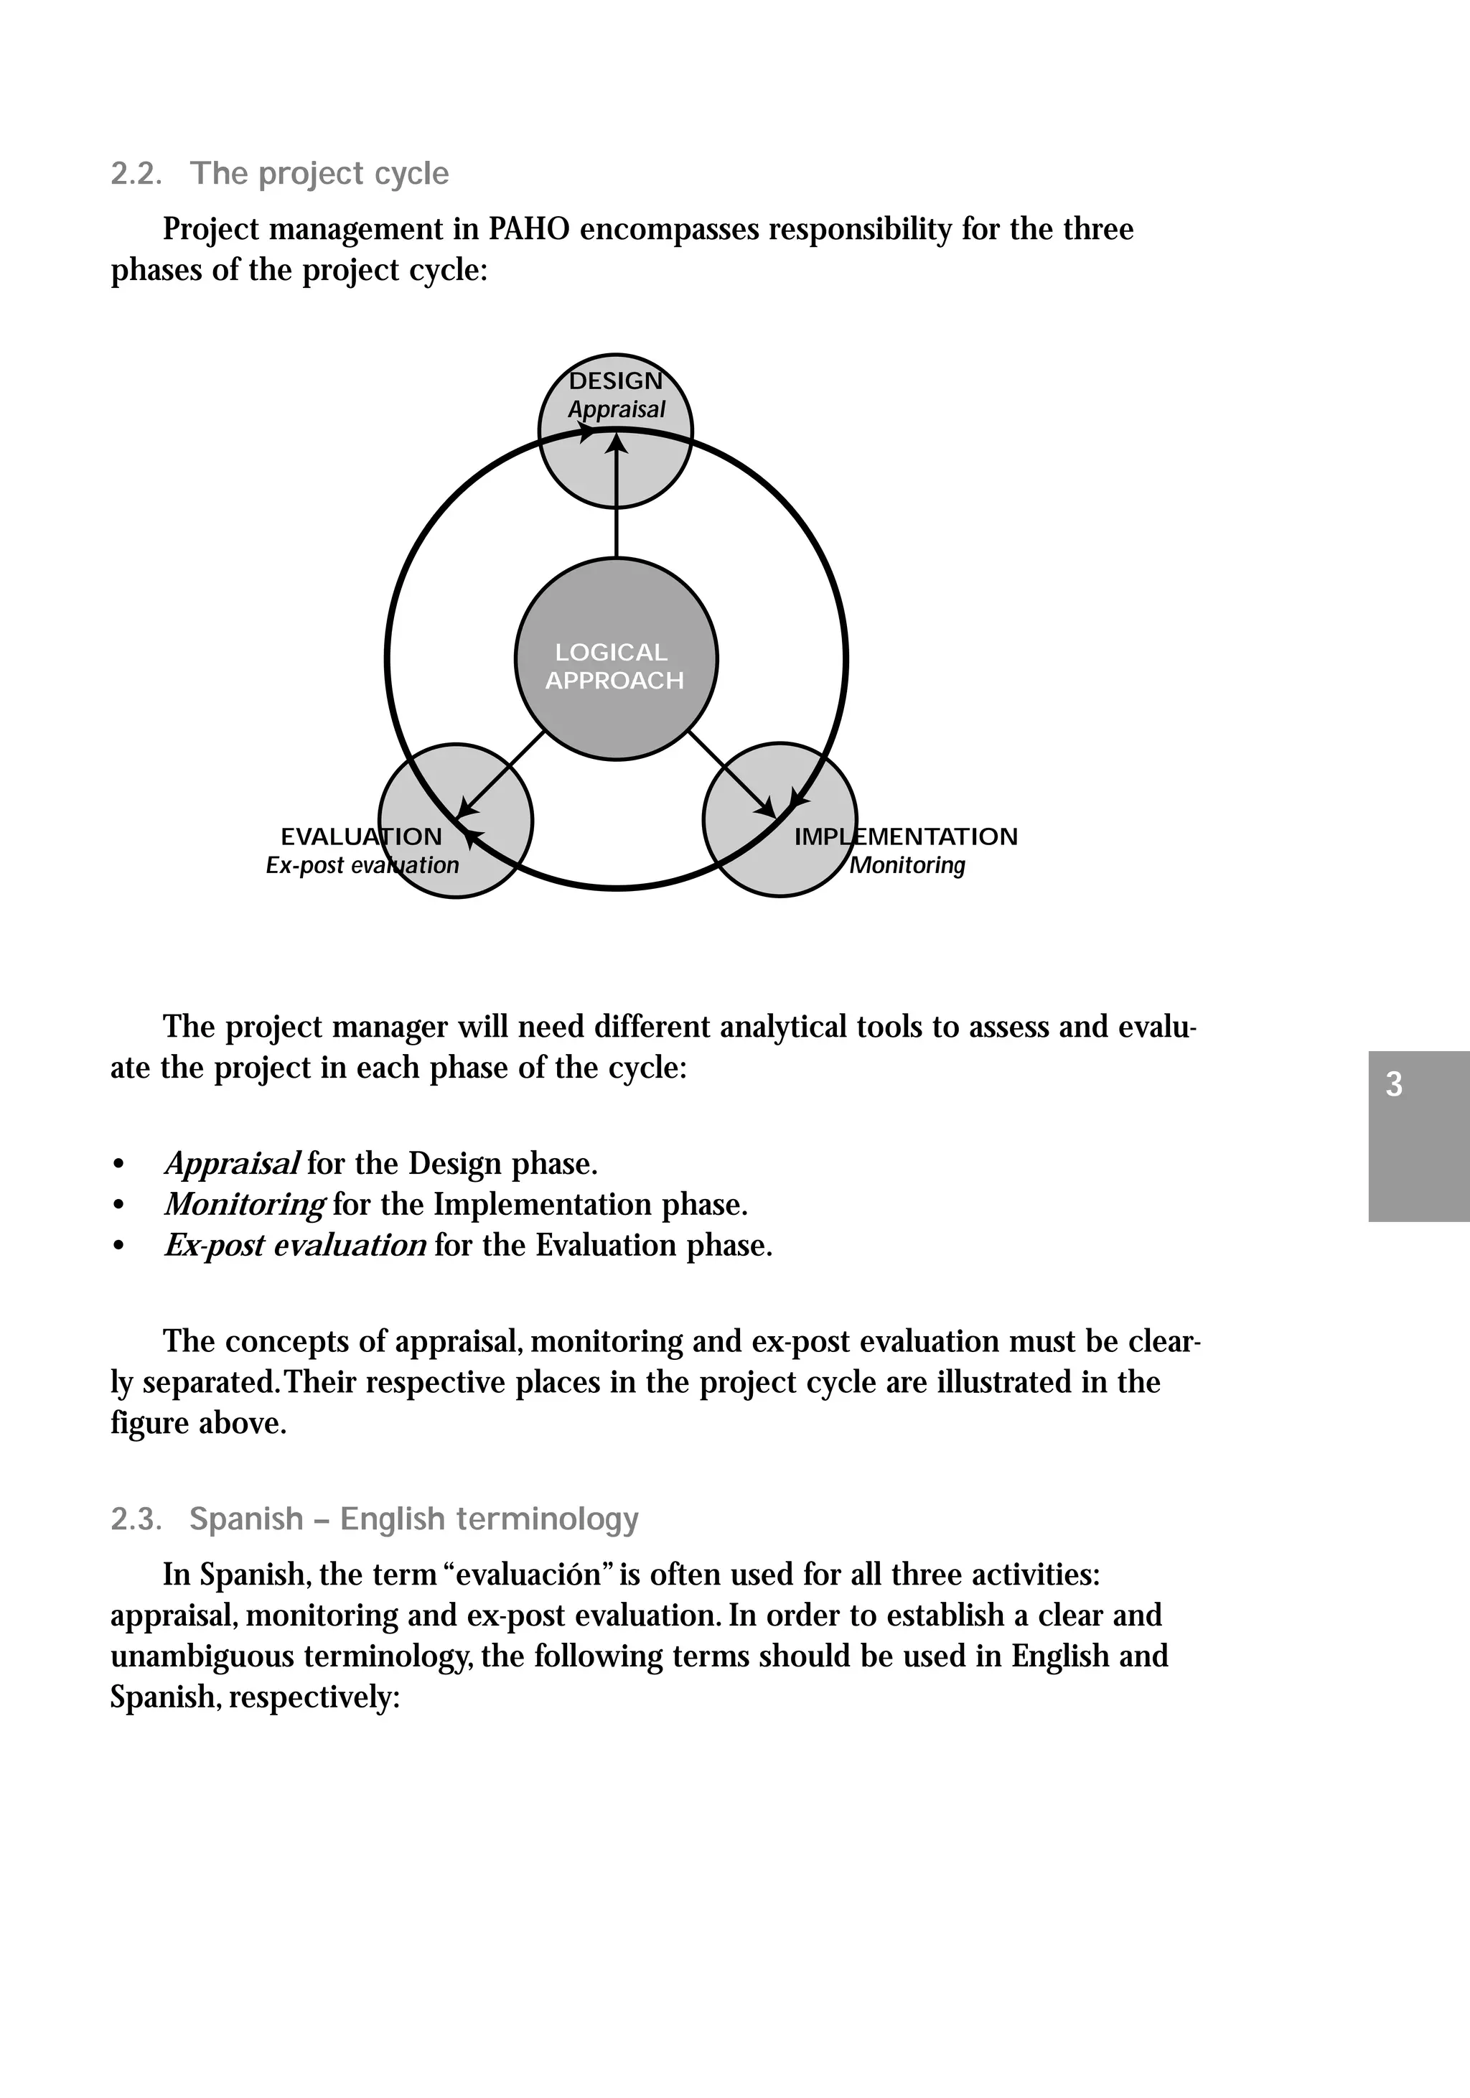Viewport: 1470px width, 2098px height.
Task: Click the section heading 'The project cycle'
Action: pos(319,174)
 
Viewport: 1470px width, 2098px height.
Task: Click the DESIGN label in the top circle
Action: pos(615,381)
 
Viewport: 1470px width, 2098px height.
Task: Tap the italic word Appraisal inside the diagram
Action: pos(617,409)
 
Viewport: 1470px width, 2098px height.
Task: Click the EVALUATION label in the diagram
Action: pos(361,836)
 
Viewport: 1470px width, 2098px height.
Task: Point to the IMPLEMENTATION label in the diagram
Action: pos(905,836)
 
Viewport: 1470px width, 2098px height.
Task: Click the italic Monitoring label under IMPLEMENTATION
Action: pos(907,864)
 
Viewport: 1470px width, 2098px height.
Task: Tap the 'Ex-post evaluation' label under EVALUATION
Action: pos(362,864)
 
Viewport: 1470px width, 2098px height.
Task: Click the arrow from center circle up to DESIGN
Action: pos(617,498)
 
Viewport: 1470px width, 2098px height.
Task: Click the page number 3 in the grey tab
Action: pos(1393,1085)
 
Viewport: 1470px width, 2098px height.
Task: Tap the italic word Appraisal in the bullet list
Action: pos(232,1163)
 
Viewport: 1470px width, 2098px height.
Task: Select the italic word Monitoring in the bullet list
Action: pos(244,1204)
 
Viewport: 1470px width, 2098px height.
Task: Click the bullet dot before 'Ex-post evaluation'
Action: pos(117,1246)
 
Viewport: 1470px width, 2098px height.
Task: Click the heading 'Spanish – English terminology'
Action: pos(414,1519)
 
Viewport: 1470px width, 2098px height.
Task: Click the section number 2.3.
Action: pos(136,1519)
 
